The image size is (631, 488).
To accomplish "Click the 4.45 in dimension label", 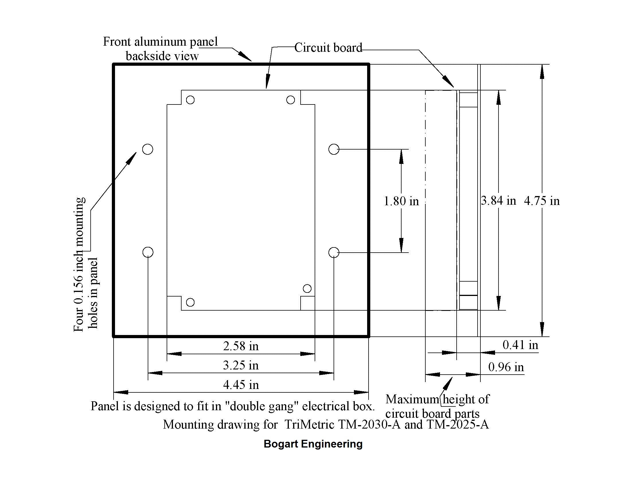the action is click(241, 385).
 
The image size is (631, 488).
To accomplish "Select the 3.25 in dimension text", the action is click(241, 365).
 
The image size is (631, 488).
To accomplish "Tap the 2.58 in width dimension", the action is click(241, 346).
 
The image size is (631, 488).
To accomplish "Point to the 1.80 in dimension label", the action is click(401, 201).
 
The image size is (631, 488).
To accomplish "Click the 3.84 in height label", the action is click(498, 200).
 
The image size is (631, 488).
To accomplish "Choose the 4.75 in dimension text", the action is click(542, 201).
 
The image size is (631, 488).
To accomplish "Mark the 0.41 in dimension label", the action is click(520, 345).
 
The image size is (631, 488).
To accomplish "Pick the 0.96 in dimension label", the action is click(506, 367).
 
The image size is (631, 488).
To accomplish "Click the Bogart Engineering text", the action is click(313, 444).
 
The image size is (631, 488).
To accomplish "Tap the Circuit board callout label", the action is click(328, 48).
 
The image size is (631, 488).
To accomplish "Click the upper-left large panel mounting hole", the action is click(148, 149).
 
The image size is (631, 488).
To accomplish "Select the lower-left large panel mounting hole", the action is click(148, 252).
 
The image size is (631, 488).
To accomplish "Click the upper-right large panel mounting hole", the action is click(334, 149).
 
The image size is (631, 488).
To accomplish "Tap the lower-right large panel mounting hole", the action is click(334, 252).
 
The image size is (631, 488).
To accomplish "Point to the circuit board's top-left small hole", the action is click(190, 100).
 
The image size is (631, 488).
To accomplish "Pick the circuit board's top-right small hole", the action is click(290, 100).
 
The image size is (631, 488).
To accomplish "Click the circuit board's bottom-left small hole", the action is click(190, 302).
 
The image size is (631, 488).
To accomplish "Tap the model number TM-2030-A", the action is click(369, 425).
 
